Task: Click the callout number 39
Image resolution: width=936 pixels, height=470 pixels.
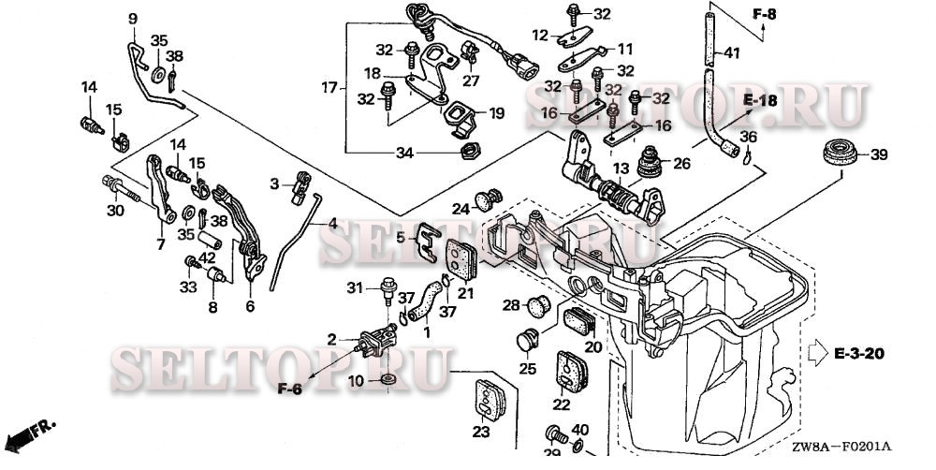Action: (879, 154)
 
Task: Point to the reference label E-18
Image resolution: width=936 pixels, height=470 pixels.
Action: (761, 99)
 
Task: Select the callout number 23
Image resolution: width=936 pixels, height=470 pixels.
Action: (480, 432)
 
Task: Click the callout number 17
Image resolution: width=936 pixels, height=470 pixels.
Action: (329, 88)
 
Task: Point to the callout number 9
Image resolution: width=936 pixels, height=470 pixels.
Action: (132, 19)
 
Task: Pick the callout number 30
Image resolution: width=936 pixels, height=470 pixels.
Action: (115, 211)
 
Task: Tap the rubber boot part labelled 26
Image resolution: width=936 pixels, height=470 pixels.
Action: (647, 166)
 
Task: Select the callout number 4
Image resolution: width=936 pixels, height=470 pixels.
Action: (332, 224)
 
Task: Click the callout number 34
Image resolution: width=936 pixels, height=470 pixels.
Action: (404, 153)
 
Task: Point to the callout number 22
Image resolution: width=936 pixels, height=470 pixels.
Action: (561, 404)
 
